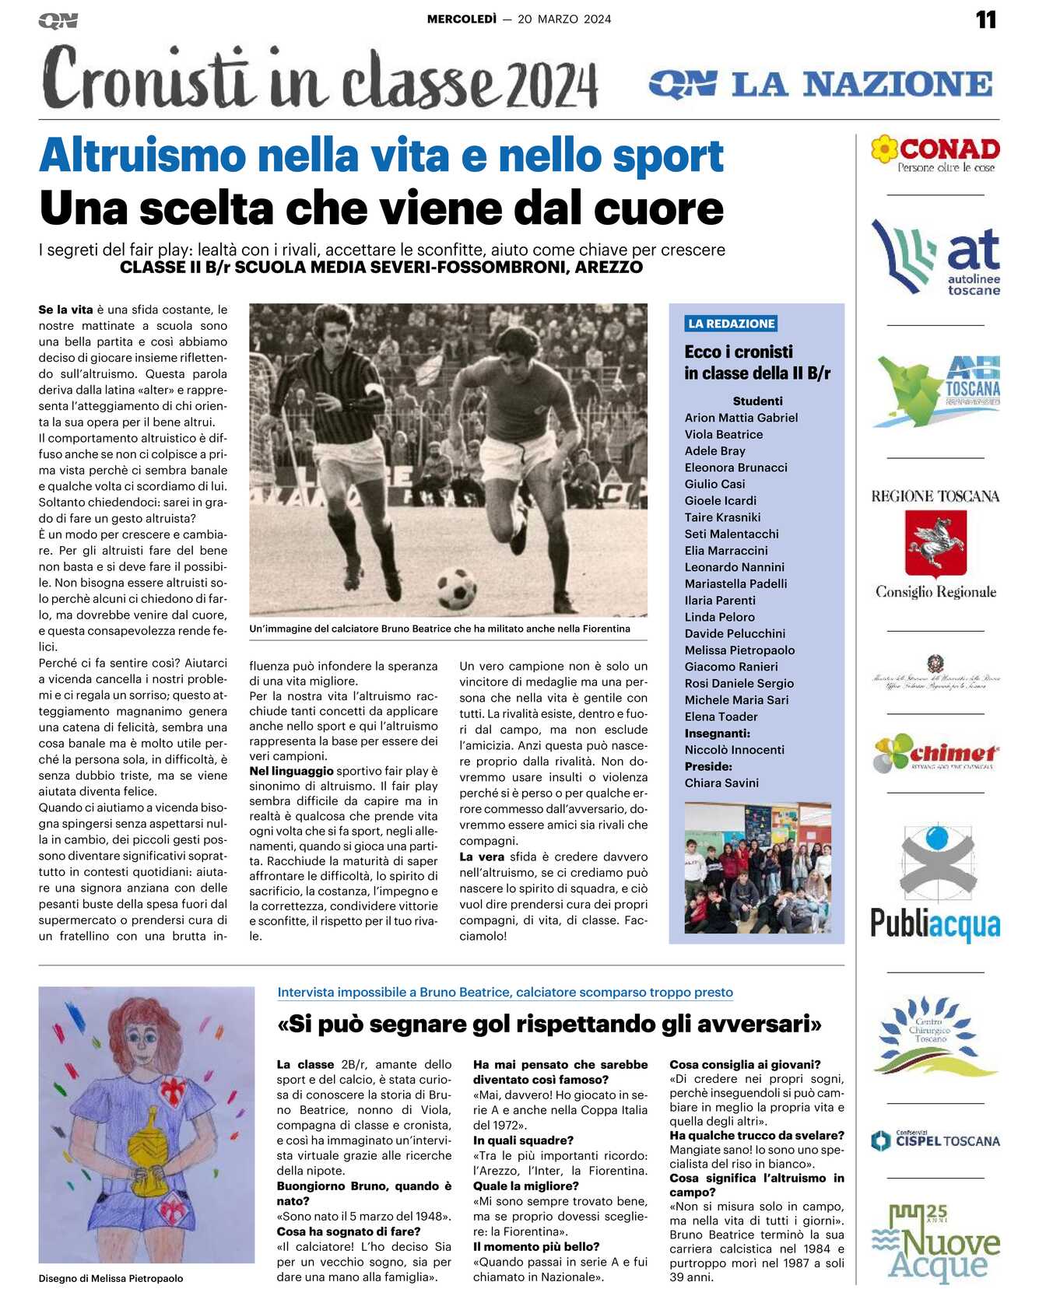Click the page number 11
click(985, 19)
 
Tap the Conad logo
click(935, 154)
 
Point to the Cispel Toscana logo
click(935, 1140)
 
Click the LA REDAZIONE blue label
click(732, 324)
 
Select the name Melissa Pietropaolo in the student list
click(739, 650)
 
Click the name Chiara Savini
click(721, 783)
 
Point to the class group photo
click(757, 868)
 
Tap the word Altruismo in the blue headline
click(142, 156)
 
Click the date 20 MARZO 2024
click(564, 19)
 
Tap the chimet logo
click(935, 753)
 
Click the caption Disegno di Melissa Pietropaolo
click(111, 1278)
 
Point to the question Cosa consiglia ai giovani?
click(745, 1064)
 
